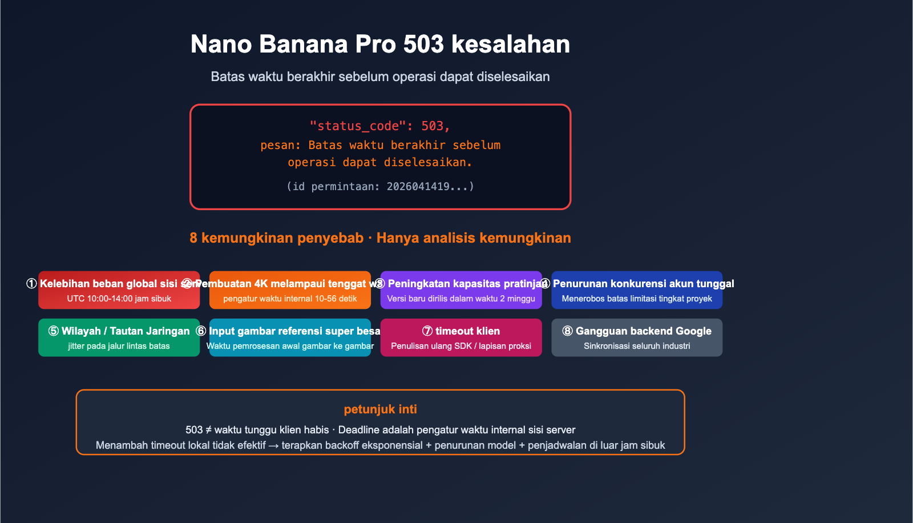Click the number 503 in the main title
coord(423,45)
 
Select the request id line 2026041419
coord(380,186)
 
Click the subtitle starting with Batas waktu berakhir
coord(380,77)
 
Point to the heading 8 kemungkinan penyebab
coord(276,238)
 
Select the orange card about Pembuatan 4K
coord(290,290)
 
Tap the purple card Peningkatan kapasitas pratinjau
coord(461,290)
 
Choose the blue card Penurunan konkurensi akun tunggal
coord(637,290)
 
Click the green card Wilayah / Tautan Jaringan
coord(119,337)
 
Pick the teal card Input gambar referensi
coord(290,337)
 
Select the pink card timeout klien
coord(461,337)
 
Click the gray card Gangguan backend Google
coord(637,337)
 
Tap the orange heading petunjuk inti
coord(380,409)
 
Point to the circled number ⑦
coord(427,331)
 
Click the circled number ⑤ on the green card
coord(54,331)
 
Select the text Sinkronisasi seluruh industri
coord(637,346)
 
